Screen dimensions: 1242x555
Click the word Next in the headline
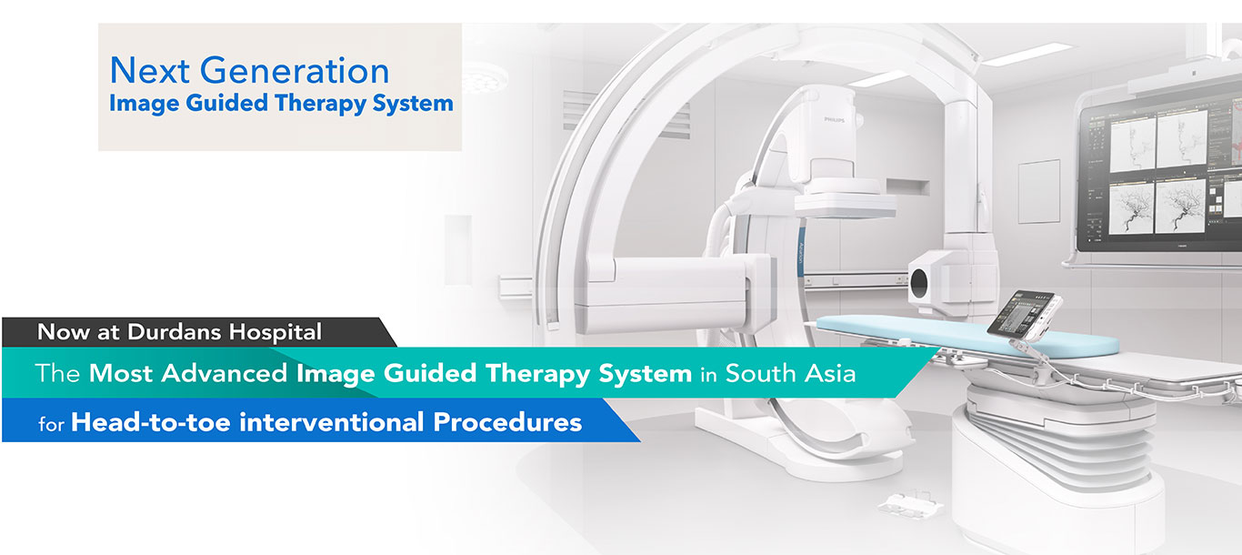150,70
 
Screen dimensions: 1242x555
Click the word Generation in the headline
295,70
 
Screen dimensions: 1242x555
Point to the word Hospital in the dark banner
275,332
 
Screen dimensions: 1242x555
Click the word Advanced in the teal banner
225,373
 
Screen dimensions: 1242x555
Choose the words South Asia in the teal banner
791,373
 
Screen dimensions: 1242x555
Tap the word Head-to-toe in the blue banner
151,422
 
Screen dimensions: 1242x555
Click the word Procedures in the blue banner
507,422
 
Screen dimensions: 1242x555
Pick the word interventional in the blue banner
332,422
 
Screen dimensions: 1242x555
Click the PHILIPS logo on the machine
834,120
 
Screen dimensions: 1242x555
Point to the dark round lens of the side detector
918,283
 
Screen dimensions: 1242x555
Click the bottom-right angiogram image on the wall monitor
1180,206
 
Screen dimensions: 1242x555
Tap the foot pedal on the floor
910,504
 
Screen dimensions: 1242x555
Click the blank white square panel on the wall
1038,191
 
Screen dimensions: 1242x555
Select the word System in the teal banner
646,374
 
